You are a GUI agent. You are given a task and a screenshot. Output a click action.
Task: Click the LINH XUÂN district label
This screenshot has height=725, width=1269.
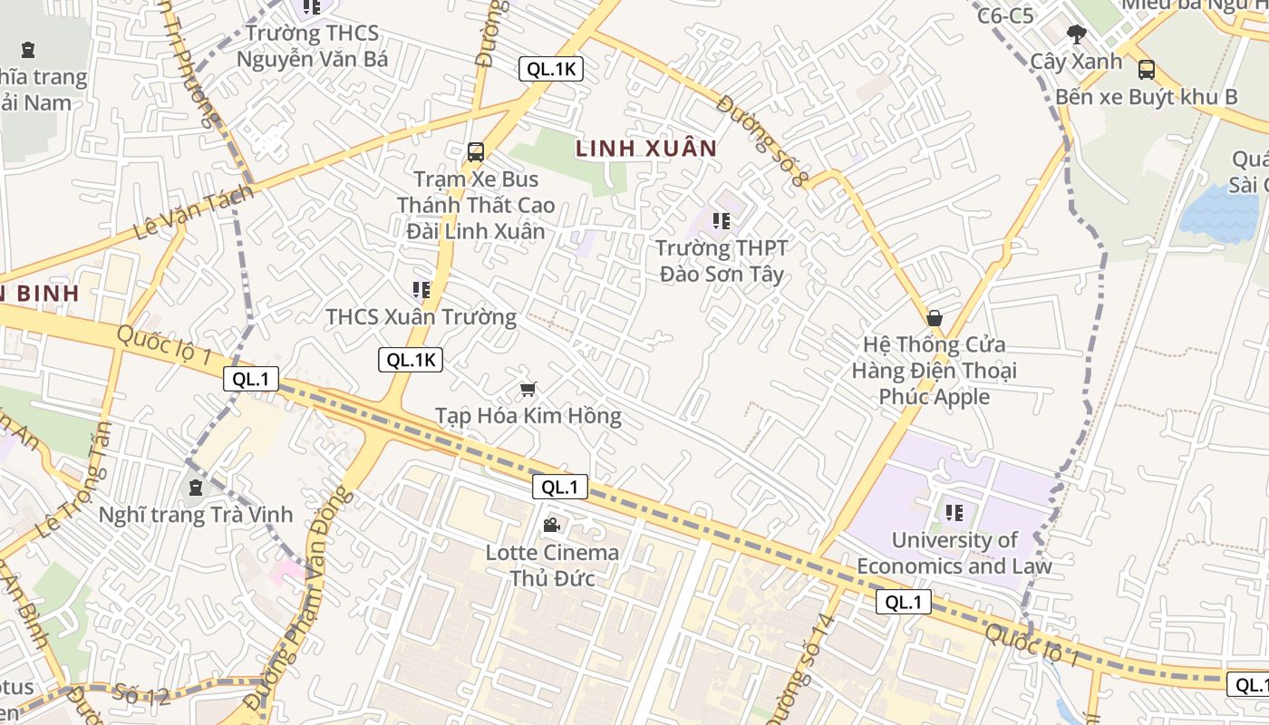645,148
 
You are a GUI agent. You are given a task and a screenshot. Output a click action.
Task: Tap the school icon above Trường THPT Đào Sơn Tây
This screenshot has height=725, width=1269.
722,220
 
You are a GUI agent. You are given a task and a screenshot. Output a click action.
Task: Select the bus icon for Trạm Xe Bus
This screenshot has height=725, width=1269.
476,152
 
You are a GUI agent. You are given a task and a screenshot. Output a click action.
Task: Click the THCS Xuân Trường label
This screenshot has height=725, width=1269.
421,317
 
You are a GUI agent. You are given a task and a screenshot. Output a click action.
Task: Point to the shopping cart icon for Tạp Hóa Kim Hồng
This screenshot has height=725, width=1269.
528,390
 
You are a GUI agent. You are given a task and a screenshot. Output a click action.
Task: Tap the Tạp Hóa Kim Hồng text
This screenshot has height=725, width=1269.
528,416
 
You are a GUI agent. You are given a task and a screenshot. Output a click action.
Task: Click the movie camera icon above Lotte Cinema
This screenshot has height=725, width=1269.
551,525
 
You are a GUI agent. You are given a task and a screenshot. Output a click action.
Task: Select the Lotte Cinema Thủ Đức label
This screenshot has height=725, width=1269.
552,565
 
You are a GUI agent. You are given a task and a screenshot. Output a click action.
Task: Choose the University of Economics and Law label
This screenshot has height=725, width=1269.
954,553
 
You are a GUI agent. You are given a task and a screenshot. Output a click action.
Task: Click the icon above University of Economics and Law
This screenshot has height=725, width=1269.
954,513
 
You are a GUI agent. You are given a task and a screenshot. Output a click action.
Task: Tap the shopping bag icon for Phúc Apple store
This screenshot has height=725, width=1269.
935,318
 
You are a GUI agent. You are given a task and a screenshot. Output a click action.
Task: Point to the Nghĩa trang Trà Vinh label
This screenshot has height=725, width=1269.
196,515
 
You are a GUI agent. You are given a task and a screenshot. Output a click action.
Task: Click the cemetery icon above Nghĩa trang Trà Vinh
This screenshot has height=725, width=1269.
195,488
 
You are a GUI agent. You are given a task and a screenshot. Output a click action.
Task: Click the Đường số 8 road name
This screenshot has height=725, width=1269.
761,140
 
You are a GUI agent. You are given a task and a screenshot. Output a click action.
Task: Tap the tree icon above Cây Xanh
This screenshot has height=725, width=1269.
1077,35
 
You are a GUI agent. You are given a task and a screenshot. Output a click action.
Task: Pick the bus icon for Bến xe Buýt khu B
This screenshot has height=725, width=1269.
1146,70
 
